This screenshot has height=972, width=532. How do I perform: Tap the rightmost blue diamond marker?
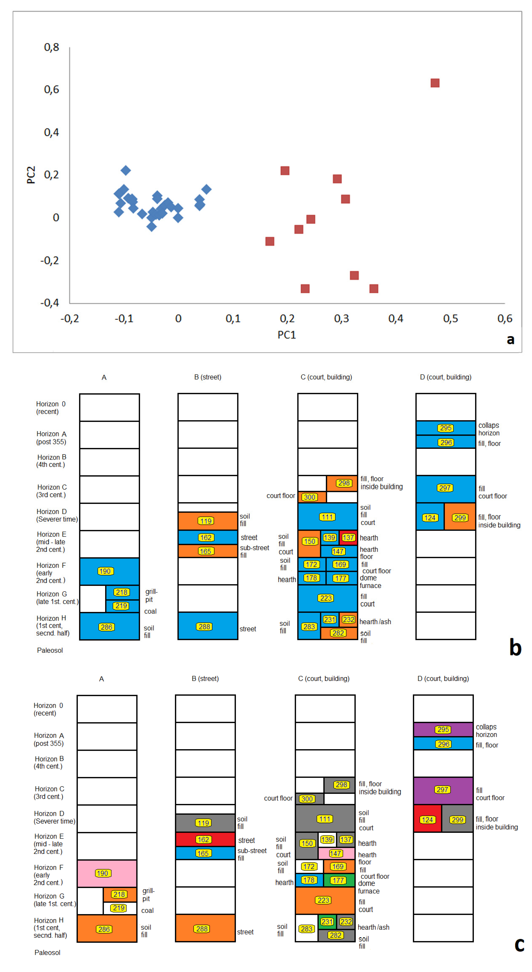click(x=206, y=189)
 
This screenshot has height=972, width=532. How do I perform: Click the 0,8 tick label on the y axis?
click(x=52, y=47)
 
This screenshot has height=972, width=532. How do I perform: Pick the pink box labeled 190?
click(x=107, y=873)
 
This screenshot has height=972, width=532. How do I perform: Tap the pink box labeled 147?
click(x=336, y=853)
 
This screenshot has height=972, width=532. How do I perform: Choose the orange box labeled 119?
click(x=207, y=521)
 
